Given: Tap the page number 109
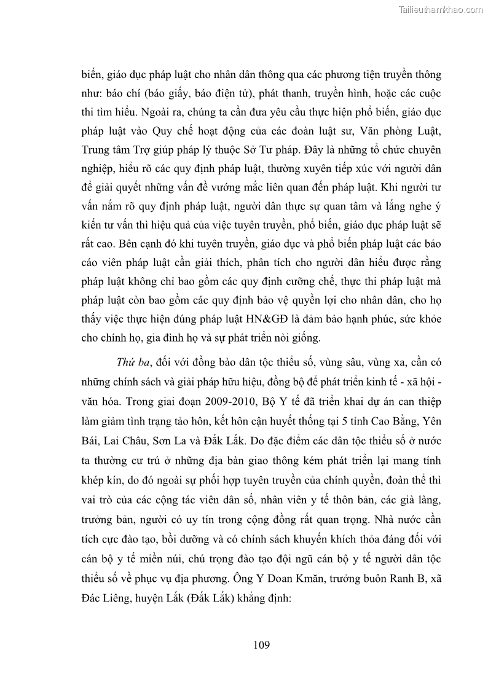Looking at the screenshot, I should click(x=261, y=645).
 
